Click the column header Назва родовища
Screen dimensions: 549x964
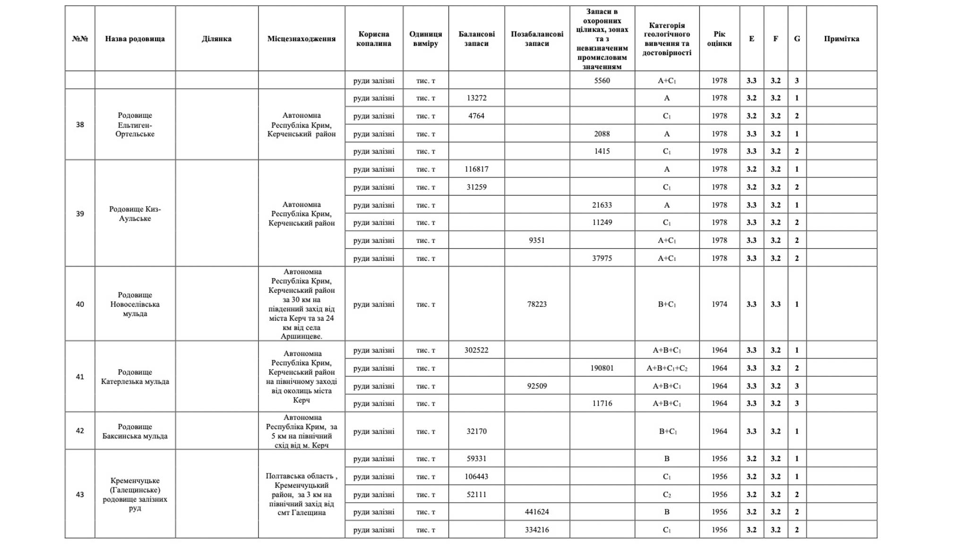click(x=135, y=39)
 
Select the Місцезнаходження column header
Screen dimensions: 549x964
click(x=301, y=39)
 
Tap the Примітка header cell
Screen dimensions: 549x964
click(x=841, y=39)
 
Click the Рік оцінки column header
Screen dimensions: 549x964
click(x=719, y=39)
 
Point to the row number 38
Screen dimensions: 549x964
click(x=80, y=125)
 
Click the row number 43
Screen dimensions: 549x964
click(x=80, y=495)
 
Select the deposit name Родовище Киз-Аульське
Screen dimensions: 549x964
click(x=135, y=214)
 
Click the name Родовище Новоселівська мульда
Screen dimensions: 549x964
click(x=135, y=304)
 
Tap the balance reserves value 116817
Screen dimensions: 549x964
click(x=476, y=169)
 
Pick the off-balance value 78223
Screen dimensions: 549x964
click(x=537, y=304)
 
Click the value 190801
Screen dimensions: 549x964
click(x=602, y=368)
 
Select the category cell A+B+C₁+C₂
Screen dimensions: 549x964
click(x=667, y=368)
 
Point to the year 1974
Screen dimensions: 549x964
click(x=719, y=304)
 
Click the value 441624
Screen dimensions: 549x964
click(x=537, y=512)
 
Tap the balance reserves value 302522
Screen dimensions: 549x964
click(x=476, y=351)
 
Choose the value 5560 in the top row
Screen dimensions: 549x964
click(x=602, y=81)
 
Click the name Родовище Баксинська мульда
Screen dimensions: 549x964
click(x=135, y=431)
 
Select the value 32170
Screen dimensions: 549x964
click(x=476, y=431)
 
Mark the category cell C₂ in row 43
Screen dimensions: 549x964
click(x=667, y=495)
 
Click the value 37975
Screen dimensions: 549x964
click(x=602, y=258)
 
